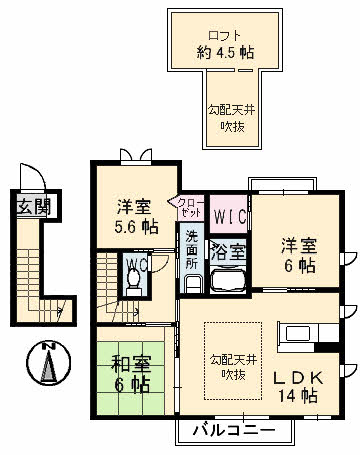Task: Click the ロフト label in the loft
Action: click(224, 35)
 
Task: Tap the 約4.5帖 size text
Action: click(224, 54)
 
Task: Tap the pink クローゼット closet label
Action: click(188, 206)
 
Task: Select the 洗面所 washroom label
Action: click(190, 248)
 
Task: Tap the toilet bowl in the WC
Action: click(132, 283)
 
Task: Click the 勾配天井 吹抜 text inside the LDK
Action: click(232, 366)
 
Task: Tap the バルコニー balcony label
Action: click(237, 431)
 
